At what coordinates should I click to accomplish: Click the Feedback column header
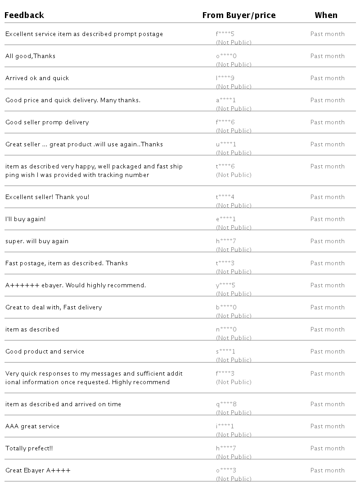tap(24, 15)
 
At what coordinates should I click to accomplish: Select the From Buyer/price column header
tap(239, 15)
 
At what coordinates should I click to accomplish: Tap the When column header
tap(326, 15)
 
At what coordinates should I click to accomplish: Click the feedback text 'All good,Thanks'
tap(31, 56)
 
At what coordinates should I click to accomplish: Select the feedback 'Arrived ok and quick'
tap(37, 78)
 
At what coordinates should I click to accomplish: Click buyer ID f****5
tap(225, 34)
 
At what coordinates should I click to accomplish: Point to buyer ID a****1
tap(226, 100)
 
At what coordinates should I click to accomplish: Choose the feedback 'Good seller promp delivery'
tap(47, 122)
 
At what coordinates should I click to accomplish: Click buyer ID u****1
tap(226, 145)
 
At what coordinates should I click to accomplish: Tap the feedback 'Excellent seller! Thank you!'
tap(47, 197)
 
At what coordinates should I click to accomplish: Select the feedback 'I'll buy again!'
tap(26, 219)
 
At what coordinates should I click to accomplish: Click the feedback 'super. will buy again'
tap(37, 241)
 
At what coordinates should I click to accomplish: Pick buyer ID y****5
tap(226, 286)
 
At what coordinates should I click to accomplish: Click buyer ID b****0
tap(226, 308)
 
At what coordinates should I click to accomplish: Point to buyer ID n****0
tap(226, 330)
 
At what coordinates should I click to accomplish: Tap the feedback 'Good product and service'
tap(45, 352)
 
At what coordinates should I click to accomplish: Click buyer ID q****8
tap(226, 404)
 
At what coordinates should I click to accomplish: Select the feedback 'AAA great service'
tap(32, 426)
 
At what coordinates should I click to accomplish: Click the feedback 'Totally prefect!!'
tap(29, 449)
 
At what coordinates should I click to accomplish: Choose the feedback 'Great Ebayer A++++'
tap(38, 471)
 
